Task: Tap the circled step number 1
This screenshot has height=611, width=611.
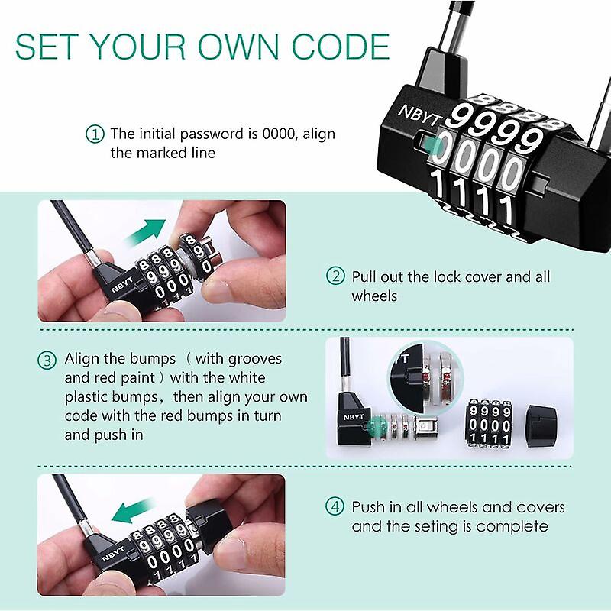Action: pos(94,134)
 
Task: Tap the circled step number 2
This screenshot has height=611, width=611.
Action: pos(335,276)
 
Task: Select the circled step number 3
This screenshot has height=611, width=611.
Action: pos(47,359)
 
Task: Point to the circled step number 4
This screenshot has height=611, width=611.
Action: pos(335,507)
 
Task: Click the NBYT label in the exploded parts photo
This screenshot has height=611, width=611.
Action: pos(354,418)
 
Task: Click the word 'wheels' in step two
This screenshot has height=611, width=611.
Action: pos(374,296)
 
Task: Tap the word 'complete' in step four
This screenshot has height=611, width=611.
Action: pos(512,526)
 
